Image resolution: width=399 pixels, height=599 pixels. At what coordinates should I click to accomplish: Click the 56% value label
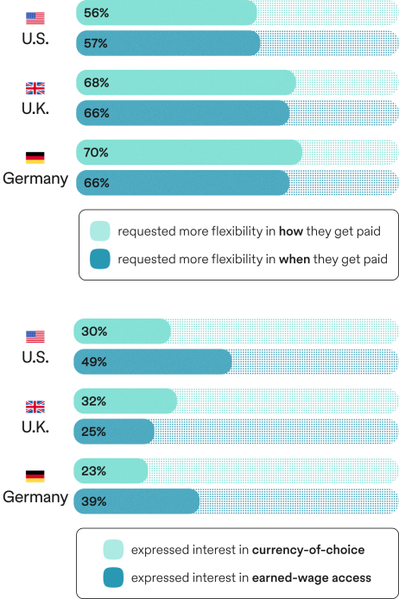coord(96,14)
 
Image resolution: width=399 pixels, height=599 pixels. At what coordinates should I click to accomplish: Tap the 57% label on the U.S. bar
coord(96,42)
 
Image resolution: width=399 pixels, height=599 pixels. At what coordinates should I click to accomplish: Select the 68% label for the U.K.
coord(96,84)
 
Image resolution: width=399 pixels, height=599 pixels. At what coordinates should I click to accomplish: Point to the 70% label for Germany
coord(96,153)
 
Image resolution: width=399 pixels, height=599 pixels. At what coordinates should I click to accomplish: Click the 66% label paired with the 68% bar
coord(96,112)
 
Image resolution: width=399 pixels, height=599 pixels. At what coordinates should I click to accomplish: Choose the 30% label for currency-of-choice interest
coord(94,331)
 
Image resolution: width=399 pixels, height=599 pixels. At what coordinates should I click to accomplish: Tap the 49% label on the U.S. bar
coord(94,362)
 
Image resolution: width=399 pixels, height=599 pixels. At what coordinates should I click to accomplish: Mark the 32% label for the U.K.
coord(94,401)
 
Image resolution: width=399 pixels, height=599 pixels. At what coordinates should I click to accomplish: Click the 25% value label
coord(94,431)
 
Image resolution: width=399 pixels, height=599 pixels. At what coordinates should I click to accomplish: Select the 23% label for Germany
coord(94,471)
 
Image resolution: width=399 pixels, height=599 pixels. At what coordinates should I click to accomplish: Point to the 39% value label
coord(94,501)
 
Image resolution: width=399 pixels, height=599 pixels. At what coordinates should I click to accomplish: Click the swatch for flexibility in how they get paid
coord(100,230)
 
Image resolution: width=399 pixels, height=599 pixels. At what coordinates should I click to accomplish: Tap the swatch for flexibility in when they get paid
coord(100,259)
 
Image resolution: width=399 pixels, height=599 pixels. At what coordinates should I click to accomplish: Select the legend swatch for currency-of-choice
coord(113,549)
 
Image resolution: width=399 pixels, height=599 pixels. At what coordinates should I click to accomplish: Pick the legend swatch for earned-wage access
coord(113,577)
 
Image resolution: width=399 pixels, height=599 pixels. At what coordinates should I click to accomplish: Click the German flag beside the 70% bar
coord(35,158)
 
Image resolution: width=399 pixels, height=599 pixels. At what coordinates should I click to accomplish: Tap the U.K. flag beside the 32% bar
coord(35,406)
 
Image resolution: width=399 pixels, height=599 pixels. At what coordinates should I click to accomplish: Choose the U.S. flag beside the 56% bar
coord(35,18)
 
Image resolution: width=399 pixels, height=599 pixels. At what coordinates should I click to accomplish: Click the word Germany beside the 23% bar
coord(35,497)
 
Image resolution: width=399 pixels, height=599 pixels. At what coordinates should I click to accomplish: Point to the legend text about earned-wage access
coord(251,577)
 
